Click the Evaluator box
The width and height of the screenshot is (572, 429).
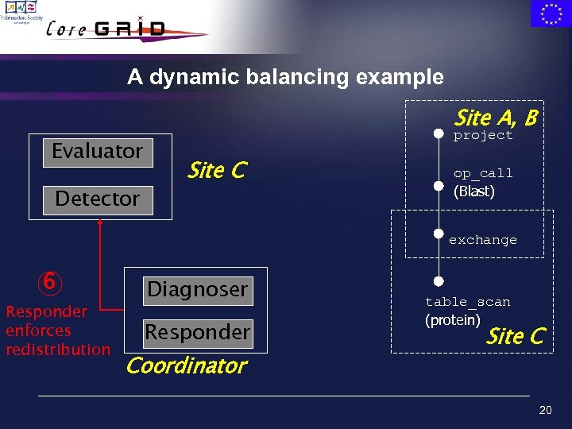pyautogui.click(x=98, y=151)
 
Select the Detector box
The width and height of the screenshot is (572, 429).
pyautogui.click(x=98, y=199)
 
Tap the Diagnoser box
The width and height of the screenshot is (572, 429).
pyautogui.click(x=197, y=289)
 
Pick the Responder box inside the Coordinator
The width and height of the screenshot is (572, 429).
pyautogui.click(x=197, y=332)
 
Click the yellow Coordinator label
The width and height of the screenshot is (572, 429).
pyautogui.click(x=187, y=365)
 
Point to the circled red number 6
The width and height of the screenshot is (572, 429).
pyautogui.click(x=48, y=282)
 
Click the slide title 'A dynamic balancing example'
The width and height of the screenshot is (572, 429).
pyautogui.click(x=285, y=77)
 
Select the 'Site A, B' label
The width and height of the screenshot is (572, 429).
pyautogui.click(x=495, y=118)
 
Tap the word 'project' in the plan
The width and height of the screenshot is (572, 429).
pyautogui.click(x=483, y=136)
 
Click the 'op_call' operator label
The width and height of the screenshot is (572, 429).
pyautogui.click(x=483, y=173)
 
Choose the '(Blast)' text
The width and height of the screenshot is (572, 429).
pyautogui.click(x=473, y=191)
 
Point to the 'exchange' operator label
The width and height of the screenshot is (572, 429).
pyautogui.click(x=483, y=240)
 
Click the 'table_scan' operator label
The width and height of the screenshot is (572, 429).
pyautogui.click(x=467, y=302)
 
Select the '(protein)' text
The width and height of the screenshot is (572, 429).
pyautogui.click(x=453, y=320)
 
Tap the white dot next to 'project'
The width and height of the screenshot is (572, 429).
pyautogui.click(x=438, y=134)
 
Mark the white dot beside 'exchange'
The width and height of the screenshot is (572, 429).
pyautogui.click(x=438, y=234)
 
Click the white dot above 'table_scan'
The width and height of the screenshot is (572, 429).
pyautogui.click(x=438, y=281)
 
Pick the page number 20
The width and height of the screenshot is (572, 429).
pyautogui.click(x=545, y=410)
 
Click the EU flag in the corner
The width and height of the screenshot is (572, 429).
pyautogui.click(x=550, y=14)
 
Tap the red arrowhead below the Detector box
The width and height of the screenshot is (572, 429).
pyautogui.click(x=100, y=222)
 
